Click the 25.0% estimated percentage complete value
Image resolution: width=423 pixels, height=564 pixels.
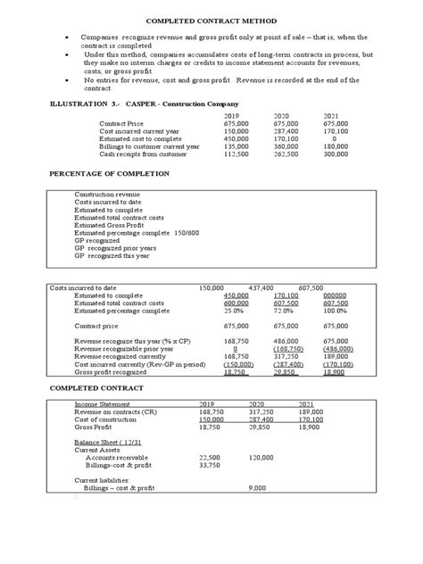(235, 311)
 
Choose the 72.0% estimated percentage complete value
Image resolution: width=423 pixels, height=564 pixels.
(285, 311)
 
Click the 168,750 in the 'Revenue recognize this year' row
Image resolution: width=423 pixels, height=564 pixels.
(235, 341)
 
